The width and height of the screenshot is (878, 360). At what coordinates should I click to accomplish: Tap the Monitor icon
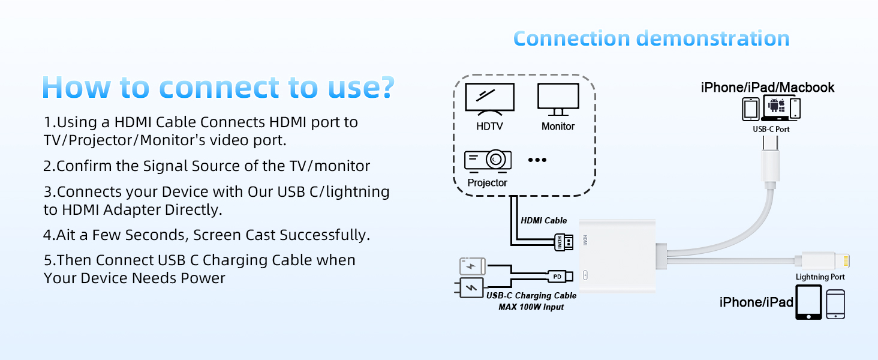558,99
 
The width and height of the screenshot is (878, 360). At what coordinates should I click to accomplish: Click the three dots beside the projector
537,160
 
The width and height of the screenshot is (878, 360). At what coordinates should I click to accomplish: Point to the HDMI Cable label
543,221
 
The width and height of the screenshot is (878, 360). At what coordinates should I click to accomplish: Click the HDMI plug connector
565,242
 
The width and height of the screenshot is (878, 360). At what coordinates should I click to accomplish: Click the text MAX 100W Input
531,307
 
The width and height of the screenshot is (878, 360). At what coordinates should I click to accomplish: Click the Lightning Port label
820,277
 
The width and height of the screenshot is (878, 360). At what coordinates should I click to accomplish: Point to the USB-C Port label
771,129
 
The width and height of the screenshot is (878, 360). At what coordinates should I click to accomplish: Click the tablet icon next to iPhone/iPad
808,302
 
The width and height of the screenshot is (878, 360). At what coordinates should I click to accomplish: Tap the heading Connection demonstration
651,38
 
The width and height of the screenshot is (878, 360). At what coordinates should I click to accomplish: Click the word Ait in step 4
68,235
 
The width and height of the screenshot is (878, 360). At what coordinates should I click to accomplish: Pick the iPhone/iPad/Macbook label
768,88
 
